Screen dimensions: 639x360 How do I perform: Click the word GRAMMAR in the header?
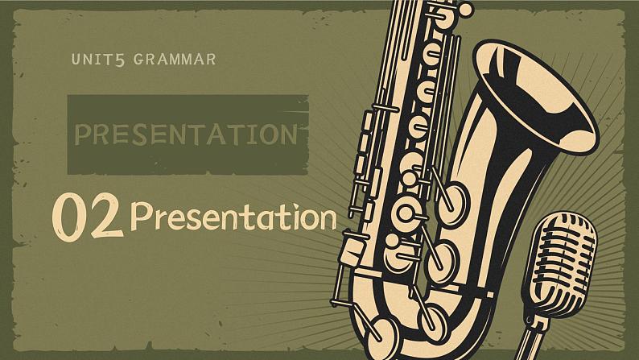click(175, 60)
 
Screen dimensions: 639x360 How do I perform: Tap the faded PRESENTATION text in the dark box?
click(186, 134)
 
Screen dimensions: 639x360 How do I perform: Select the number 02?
click(88, 217)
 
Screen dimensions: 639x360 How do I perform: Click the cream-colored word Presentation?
click(233, 216)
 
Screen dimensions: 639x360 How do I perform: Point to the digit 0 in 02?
click(69, 217)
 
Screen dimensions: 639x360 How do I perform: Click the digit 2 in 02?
click(106, 216)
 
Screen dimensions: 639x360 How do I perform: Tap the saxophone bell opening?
click(537, 97)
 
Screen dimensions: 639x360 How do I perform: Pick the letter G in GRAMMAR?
click(138, 60)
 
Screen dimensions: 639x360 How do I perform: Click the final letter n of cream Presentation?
click(328, 220)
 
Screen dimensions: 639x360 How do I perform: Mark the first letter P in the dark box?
click(83, 134)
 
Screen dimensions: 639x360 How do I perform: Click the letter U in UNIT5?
click(76, 60)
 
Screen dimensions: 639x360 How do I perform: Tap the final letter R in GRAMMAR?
click(210, 60)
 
